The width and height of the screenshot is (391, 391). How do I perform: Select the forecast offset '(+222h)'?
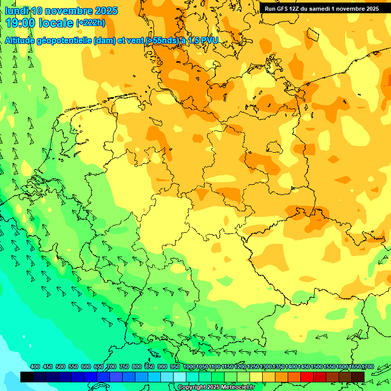tap(91, 23)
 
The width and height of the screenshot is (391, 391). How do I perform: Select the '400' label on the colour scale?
tap(35, 367)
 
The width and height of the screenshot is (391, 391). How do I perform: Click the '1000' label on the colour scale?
tap(189, 367)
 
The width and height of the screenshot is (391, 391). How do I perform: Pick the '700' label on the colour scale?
tap(111, 367)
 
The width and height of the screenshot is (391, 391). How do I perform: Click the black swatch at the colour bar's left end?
tap(26, 377)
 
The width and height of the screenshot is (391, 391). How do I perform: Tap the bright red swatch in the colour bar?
tap(306, 377)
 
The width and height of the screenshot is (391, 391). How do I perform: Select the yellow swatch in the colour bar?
tap(256, 377)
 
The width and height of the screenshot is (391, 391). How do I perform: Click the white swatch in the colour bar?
tap(179, 377)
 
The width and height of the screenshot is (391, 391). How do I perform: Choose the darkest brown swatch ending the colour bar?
tap(358, 377)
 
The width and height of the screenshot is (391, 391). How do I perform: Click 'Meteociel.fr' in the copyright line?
tap(238, 387)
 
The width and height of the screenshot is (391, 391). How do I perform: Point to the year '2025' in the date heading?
tap(106, 11)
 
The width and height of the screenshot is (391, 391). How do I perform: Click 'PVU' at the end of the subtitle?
tap(209, 41)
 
